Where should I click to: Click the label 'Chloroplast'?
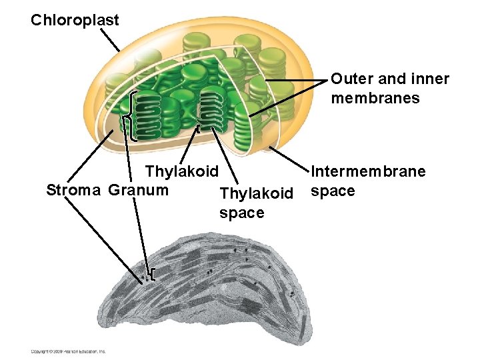[75, 20]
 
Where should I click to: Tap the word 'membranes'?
[375, 98]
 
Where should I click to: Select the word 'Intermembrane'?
[368, 172]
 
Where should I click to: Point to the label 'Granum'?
[138, 190]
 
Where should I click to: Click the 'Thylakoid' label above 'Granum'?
[181, 171]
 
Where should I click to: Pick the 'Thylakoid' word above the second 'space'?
[255, 194]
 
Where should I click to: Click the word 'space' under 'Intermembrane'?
[333, 191]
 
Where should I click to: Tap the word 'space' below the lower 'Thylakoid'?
[241, 213]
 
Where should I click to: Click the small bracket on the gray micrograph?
[153, 274]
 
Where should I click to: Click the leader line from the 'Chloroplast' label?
[111, 41]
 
